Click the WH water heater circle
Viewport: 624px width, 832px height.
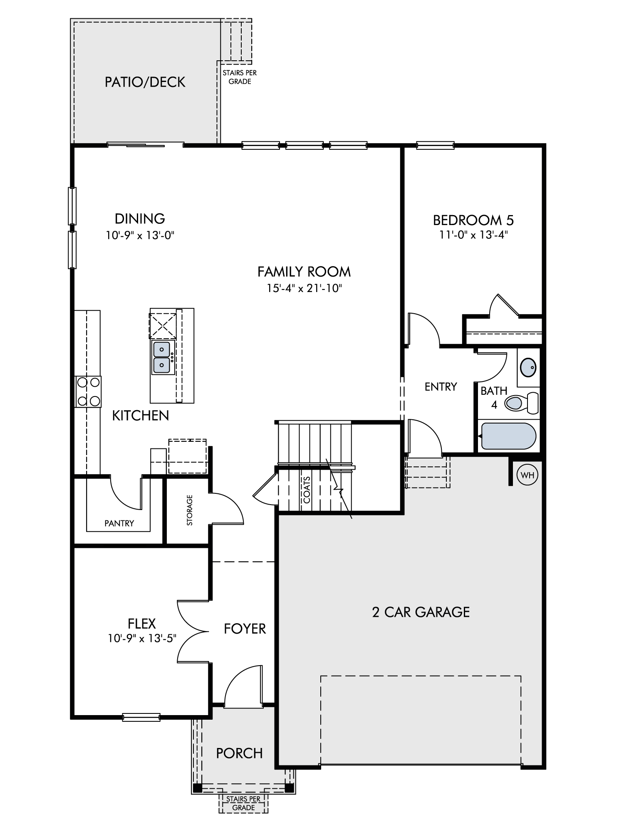click(x=527, y=475)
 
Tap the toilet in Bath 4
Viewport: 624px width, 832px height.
click(x=522, y=403)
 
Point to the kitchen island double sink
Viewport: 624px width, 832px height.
click(x=161, y=357)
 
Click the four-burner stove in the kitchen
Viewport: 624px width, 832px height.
click(x=88, y=391)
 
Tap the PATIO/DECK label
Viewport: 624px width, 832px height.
click(x=145, y=82)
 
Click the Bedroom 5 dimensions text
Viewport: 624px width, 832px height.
click(x=473, y=235)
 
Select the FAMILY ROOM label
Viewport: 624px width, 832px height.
click(x=304, y=272)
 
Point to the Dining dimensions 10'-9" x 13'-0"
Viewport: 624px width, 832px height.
click(x=140, y=235)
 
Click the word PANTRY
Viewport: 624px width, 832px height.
click(x=119, y=523)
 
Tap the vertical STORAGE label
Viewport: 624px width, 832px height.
click(x=190, y=510)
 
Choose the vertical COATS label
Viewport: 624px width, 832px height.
click(x=307, y=490)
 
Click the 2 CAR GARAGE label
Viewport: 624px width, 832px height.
click(x=421, y=612)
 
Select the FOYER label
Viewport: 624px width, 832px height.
click(x=245, y=629)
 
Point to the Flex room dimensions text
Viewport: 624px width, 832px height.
click(x=142, y=638)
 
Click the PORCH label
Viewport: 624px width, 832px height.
click(x=239, y=753)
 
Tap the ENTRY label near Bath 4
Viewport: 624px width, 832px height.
click(x=441, y=387)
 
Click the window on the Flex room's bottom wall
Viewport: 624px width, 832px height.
click(x=141, y=717)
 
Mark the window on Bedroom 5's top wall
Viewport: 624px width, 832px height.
click(x=435, y=145)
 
